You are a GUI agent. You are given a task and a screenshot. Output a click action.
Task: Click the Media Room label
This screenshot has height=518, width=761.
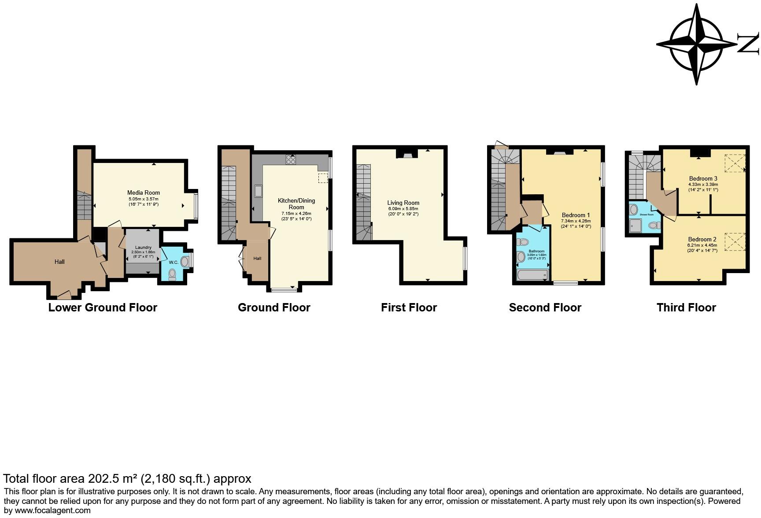tap(143, 192)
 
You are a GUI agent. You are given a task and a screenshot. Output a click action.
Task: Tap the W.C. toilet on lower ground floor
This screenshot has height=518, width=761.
tap(172, 274)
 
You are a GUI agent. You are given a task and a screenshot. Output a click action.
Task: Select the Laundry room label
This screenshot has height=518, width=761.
tap(143, 248)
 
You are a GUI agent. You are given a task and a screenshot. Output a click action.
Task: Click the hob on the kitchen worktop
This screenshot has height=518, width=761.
tap(291, 159)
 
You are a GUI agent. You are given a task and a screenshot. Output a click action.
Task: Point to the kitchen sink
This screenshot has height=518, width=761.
tap(258, 191)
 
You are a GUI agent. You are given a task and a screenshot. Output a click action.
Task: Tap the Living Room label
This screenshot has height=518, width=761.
tap(403, 203)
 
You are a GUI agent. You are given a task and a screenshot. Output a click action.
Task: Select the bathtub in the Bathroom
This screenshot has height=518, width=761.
tap(532, 276)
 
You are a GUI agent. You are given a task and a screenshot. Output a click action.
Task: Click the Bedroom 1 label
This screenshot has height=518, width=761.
tap(576, 215)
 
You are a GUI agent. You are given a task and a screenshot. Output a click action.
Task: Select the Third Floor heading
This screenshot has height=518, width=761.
tap(686, 307)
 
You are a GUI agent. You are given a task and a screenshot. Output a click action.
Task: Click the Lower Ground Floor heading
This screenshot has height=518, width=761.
tap(103, 307)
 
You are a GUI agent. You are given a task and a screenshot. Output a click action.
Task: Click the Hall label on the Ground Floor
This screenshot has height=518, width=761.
tap(257, 259)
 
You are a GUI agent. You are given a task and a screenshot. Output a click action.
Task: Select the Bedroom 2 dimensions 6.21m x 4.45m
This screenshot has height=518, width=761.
tap(702, 245)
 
